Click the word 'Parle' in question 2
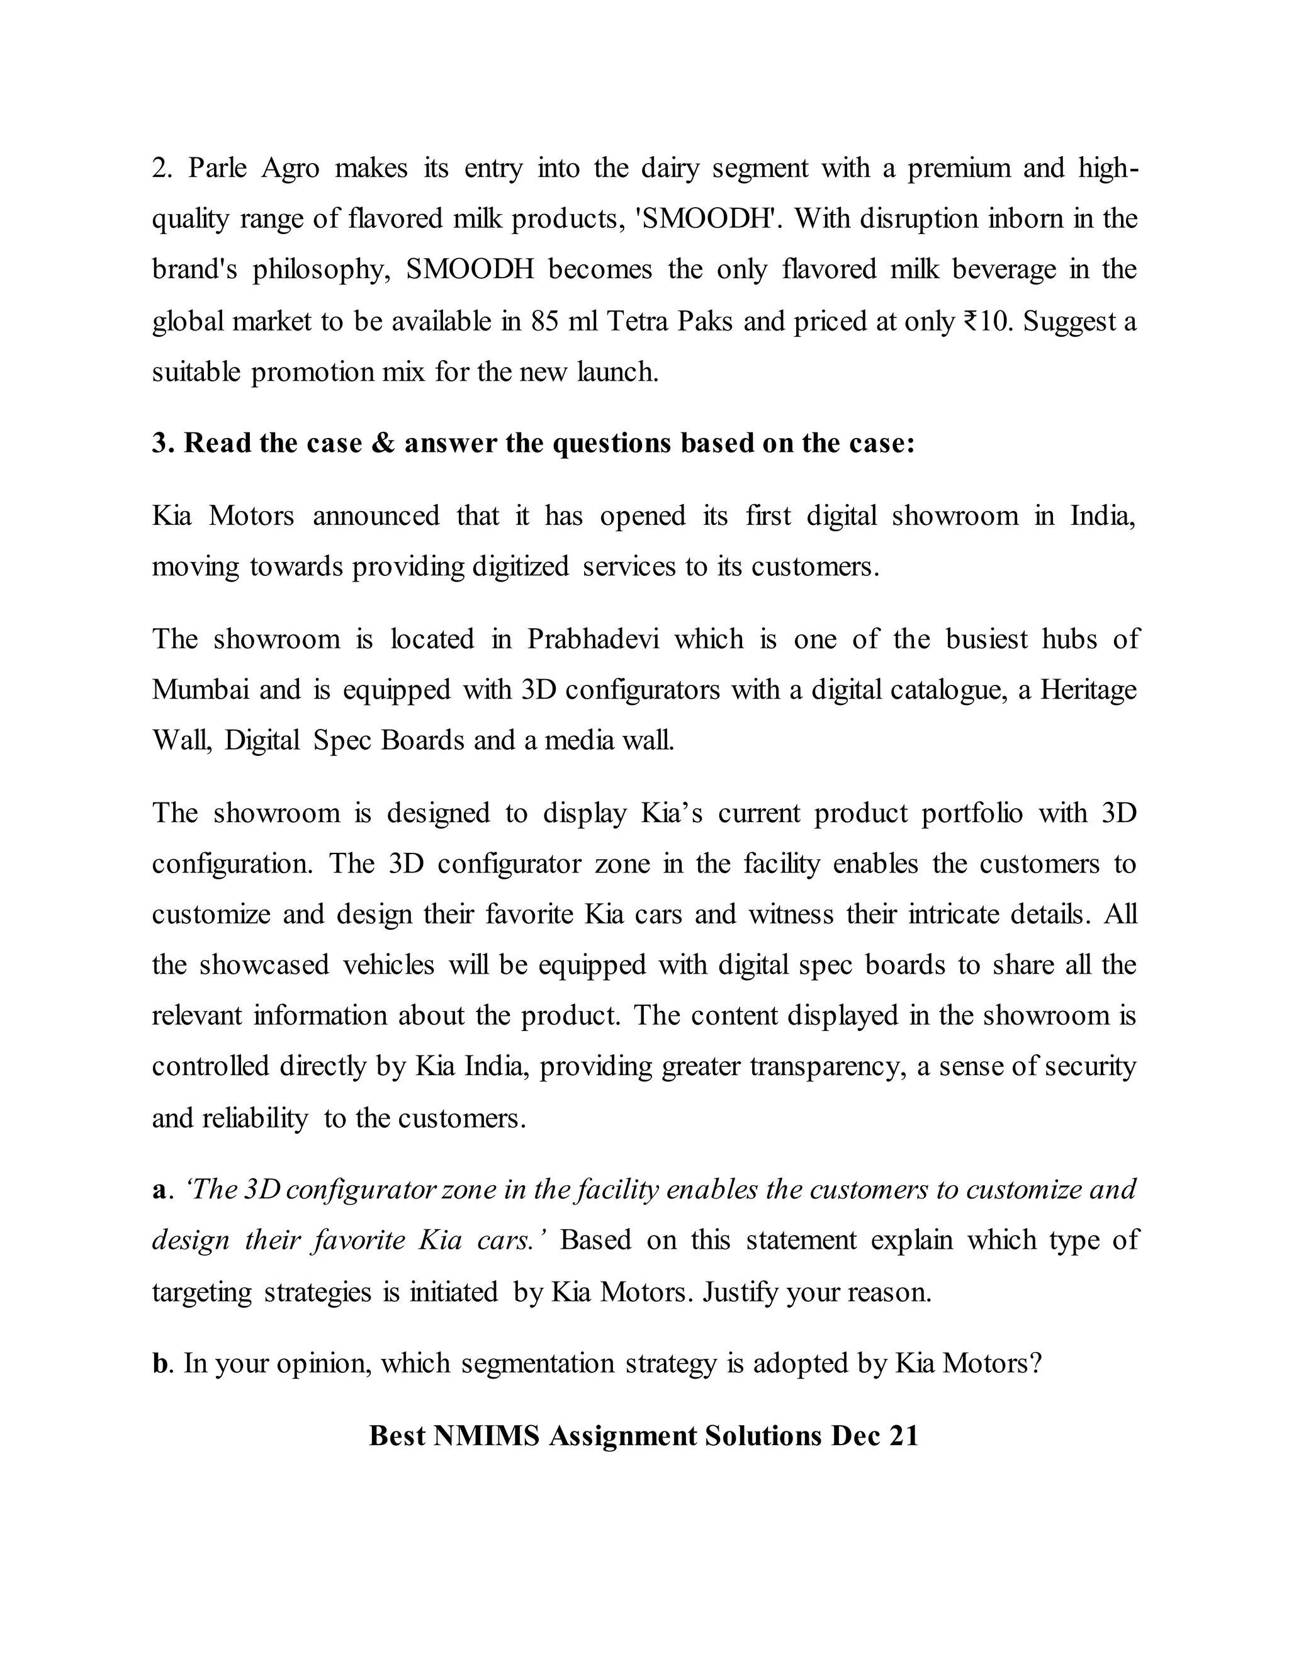pos(217,168)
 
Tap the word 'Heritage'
pos(1088,690)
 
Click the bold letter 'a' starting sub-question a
pos(159,1190)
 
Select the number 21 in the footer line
pos(903,1436)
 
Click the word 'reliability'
pos(254,1118)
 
